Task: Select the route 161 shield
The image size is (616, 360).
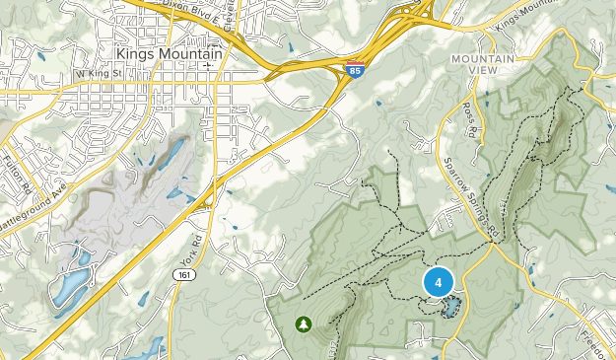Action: [183, 273]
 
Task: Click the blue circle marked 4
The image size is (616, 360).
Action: [439, 282]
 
